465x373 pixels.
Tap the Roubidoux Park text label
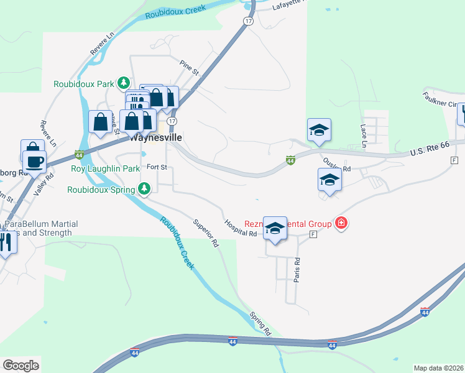[x=85, y=83]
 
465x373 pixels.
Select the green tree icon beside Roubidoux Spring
[x=144, y=188]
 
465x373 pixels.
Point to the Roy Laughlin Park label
[x=105, y=168]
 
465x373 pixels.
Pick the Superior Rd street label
[x=206, y=233]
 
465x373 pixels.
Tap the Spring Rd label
[x=260, y=323]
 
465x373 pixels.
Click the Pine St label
[x=188, y=68]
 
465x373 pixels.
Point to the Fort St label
[x=157, y=167]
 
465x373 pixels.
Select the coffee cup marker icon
[x=34, y=161]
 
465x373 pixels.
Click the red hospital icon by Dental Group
[x=341, y=223]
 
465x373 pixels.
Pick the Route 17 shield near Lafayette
[x=249, y=21]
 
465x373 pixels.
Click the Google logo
[x=21, y=366]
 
